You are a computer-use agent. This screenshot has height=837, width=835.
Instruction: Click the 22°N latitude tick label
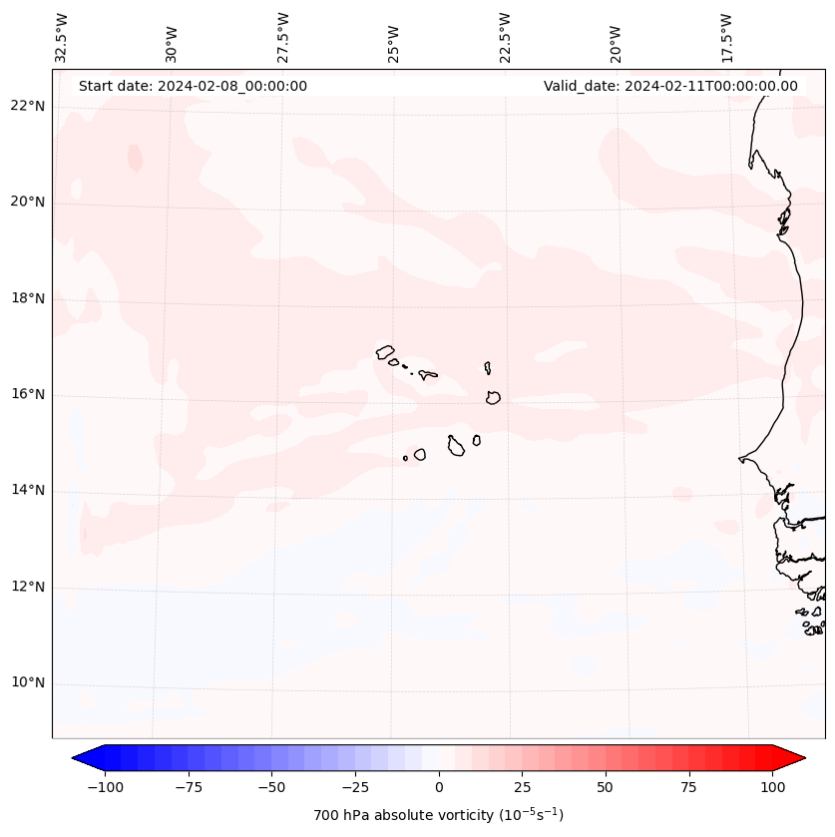tap(28, 107)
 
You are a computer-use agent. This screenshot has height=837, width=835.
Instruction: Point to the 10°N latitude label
tap(28, 683)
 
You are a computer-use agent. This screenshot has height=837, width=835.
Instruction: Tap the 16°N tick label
tap(28, 395)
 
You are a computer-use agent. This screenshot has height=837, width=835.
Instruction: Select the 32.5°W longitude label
tap(62, 38)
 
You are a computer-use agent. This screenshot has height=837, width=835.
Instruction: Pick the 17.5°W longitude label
tap(726, 38)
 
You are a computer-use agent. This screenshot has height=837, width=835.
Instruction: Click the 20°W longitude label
tap(616, 41)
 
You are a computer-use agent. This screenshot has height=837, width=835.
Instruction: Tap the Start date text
tap(193, 86)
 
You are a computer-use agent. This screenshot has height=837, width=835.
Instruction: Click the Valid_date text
tap(670, 86)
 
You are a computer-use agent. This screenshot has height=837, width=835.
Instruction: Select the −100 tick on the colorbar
tap(105, 787)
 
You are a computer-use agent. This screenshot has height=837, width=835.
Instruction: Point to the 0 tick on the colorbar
tap(439, 787)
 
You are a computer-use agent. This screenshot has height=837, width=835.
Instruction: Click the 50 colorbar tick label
tap(606, 787)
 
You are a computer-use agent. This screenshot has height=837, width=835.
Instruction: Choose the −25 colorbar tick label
tap(355, 787)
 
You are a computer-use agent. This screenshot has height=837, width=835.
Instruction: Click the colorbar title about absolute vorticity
tap(439, 815)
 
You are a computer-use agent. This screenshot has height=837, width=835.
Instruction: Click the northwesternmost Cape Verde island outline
tap(385, 351)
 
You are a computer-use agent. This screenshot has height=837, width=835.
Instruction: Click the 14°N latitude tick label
tap(28, 491)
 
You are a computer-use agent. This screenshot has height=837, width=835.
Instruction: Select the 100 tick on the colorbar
tap(772, 787)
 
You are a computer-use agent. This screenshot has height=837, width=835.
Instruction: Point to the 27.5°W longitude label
tap(283, 38)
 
